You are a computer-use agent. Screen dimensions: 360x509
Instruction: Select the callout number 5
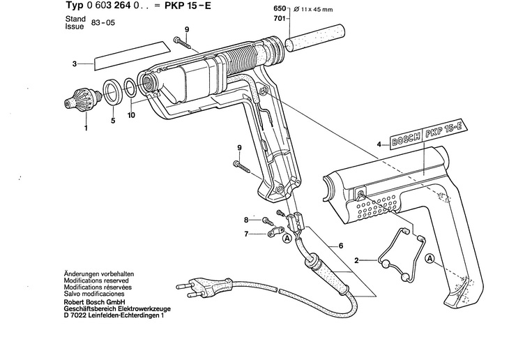[112, 120]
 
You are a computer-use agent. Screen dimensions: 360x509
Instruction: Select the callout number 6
[340, 245]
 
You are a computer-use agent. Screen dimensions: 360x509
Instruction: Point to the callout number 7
[245, 234]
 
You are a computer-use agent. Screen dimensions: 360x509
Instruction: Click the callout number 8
[245, 220]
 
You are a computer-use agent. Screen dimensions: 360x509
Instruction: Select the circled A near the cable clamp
[287, 238]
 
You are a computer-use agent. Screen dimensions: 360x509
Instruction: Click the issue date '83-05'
[100, 23]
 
